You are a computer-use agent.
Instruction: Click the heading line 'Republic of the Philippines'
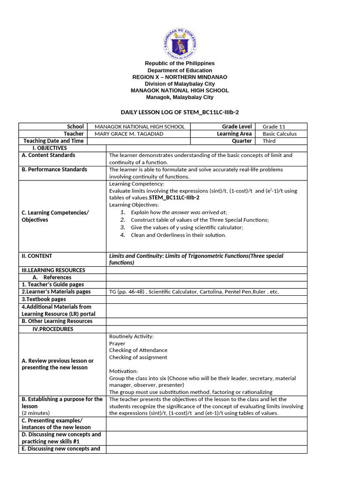click(x=180, y=63)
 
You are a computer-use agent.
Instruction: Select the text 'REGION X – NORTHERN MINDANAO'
click(x=180, y=77)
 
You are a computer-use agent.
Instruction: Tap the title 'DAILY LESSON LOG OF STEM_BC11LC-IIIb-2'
click(x=180, y=112)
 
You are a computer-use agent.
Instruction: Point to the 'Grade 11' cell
click(x=274, y=127)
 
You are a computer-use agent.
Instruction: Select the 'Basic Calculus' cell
click(x=279, y=134)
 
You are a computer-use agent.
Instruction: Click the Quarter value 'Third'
click(x=269, y=141)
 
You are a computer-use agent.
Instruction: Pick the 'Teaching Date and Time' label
click(x=53, y=141)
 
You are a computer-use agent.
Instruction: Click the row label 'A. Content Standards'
click(x=48, y=155)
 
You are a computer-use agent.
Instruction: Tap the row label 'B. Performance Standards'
click(x=54, y=169)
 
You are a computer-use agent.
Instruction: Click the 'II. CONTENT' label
click(x=37, y=256)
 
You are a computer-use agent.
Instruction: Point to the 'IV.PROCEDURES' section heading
click(x=53, y=329)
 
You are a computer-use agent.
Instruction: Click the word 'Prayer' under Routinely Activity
click(x=117, y=343)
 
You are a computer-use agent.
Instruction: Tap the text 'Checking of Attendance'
click(x=138, y=350)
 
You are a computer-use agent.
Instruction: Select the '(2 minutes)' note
click(x=37, y=413)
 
